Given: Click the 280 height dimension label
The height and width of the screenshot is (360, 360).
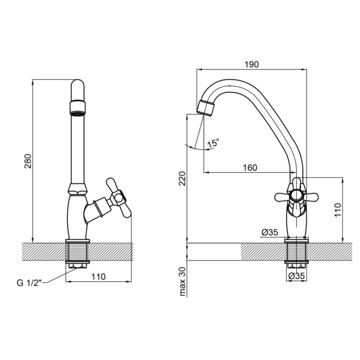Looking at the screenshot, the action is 28,162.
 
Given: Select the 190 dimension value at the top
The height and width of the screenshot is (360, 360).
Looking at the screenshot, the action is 252,64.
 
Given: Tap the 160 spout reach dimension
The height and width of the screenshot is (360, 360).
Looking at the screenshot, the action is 250,167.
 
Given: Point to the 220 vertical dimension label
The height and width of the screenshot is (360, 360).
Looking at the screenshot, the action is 182,178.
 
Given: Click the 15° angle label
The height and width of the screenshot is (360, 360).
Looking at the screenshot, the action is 213,143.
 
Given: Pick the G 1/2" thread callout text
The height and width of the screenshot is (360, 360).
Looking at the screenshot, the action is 29,283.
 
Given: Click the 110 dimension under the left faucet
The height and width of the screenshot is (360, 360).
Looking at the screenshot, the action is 99,277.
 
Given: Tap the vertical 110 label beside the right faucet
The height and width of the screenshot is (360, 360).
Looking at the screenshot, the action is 338,210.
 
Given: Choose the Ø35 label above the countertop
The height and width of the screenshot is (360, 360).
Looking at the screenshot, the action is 270,233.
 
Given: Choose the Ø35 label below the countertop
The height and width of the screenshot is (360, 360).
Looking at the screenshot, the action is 297,276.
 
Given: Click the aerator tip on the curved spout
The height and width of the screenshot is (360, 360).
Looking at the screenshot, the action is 206,108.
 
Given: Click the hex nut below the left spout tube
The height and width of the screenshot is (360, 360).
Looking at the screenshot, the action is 78,189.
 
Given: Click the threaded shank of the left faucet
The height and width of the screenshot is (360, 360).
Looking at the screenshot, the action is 77,252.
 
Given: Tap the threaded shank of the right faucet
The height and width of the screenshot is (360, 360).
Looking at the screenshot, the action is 297,252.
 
